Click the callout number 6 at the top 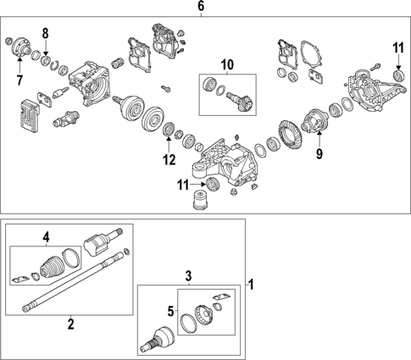coord(201,7)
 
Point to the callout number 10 coord(227,64)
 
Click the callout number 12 coord(169,159)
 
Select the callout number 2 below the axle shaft coord(70,322)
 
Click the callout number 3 coord(189,275)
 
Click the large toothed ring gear coord(291,136)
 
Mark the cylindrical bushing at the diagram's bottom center coord(202,203)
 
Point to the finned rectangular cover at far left coord(31,114)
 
